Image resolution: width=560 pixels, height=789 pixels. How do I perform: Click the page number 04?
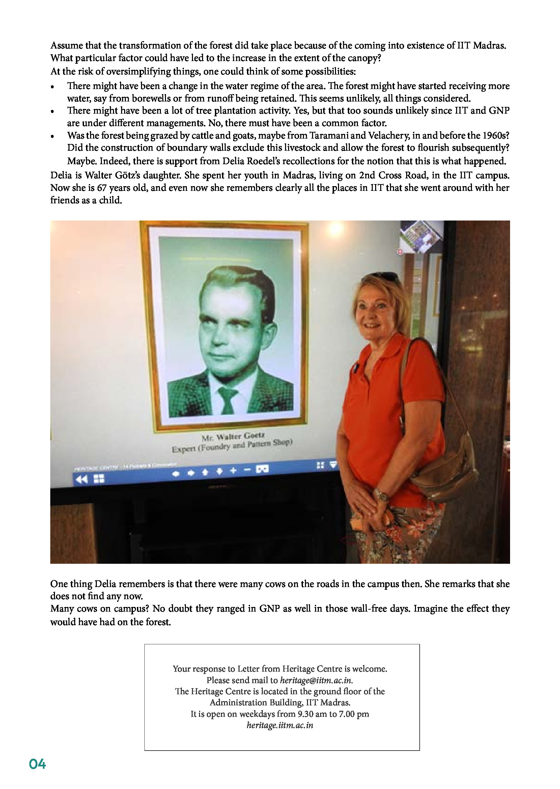coord(37,764)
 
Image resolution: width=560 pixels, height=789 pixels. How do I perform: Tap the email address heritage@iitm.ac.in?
coord(316,680)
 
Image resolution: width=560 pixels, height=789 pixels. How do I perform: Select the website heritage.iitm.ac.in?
coord(280,725)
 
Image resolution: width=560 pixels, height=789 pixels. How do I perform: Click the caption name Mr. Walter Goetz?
coord(233,437)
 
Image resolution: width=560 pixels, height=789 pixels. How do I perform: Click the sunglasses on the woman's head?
coord(387,276)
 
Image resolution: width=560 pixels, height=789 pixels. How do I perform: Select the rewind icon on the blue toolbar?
coord(81,479)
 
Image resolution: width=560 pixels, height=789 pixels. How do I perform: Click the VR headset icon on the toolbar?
coord(262,469)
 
